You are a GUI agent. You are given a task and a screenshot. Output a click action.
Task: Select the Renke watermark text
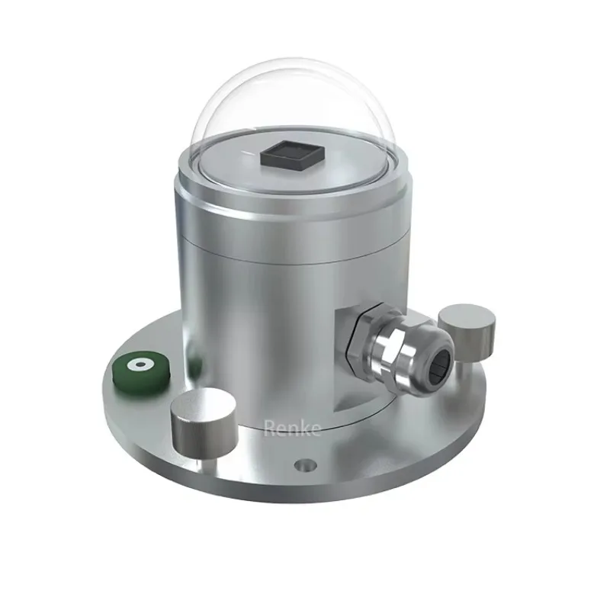click(293, 429)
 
